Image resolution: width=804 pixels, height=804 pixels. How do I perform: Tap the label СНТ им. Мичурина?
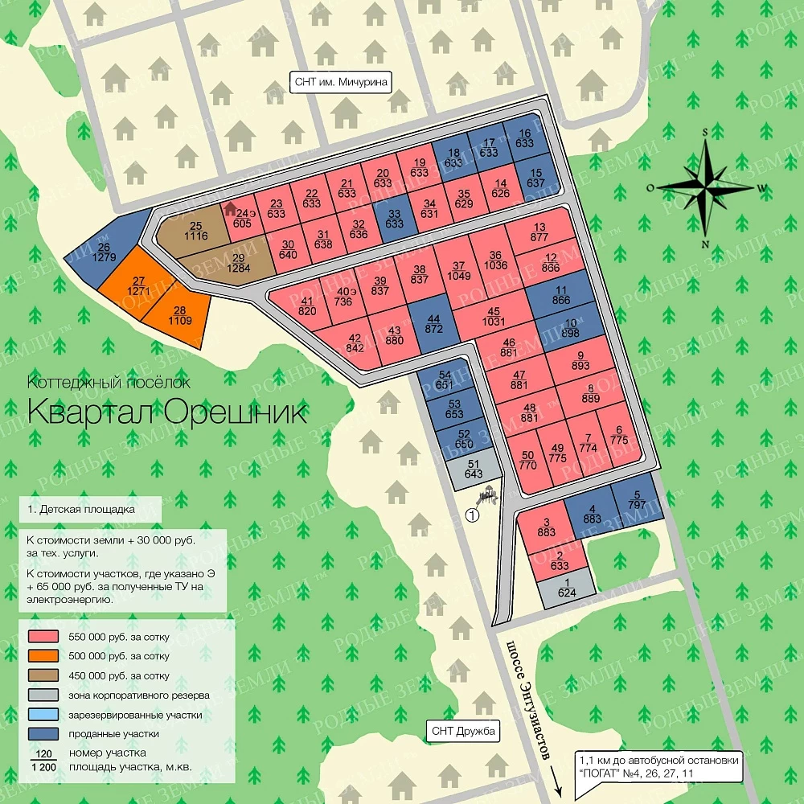(340, 82)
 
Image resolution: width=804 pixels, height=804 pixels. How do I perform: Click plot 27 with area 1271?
(137, 285)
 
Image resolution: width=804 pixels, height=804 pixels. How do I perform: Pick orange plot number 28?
(179, 316)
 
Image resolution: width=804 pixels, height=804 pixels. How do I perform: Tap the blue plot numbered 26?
(106, 252)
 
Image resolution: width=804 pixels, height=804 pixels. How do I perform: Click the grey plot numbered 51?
(473, 470)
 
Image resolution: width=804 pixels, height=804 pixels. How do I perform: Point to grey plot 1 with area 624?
(568, 589)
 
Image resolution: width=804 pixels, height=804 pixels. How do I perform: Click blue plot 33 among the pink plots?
(394, 218)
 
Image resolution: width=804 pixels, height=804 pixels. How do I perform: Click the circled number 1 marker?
(472, 515)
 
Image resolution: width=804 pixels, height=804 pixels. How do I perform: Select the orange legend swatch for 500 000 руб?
(43, 656)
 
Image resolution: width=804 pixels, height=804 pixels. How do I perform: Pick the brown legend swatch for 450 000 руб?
(43, 675)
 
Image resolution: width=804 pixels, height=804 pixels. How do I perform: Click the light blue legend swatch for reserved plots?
(43, 714)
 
